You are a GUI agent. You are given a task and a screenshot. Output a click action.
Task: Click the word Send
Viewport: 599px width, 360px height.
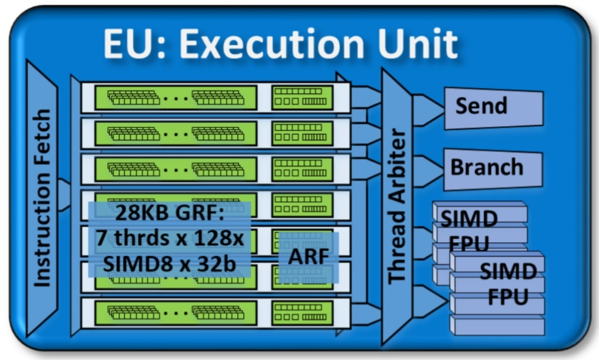481,107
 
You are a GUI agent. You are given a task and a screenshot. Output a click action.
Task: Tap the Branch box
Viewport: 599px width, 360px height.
486,168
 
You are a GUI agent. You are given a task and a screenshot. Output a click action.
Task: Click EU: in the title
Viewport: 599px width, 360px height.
133,43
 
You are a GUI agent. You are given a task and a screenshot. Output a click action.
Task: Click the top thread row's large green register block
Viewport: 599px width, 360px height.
176,98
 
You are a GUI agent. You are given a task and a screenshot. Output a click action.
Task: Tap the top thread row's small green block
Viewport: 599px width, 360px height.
302,98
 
